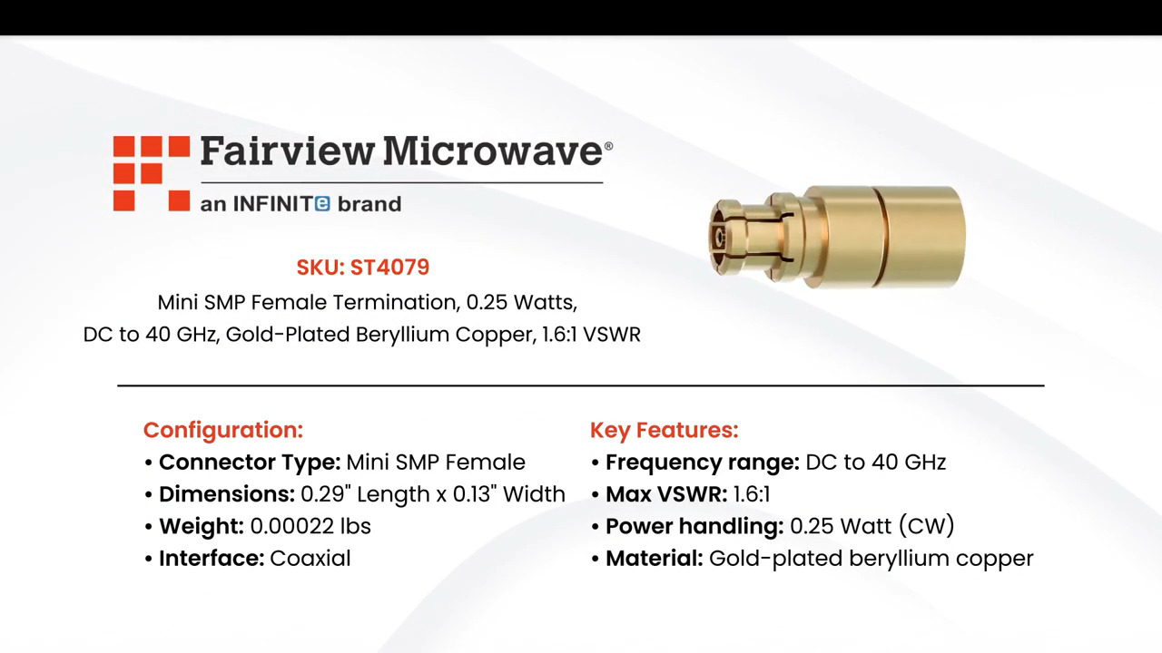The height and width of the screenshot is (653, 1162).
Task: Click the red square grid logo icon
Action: [151, 173]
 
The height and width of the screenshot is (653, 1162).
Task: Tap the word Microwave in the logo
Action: [491, 151]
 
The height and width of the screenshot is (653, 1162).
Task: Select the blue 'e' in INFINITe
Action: [322, 204]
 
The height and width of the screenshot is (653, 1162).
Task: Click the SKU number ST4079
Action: [389, 268]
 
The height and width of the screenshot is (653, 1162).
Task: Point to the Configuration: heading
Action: [223, 430]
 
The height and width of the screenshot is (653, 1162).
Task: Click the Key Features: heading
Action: [665, 430]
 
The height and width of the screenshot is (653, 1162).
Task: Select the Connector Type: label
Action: [250, 463]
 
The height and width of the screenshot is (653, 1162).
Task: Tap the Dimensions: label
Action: [227, 494]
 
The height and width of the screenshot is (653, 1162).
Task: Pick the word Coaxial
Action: [310, 558]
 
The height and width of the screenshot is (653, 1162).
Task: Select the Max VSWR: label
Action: [666, 494]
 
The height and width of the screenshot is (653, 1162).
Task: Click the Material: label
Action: [655, 558]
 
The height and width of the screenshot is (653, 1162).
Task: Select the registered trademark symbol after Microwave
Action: [608, 145]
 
